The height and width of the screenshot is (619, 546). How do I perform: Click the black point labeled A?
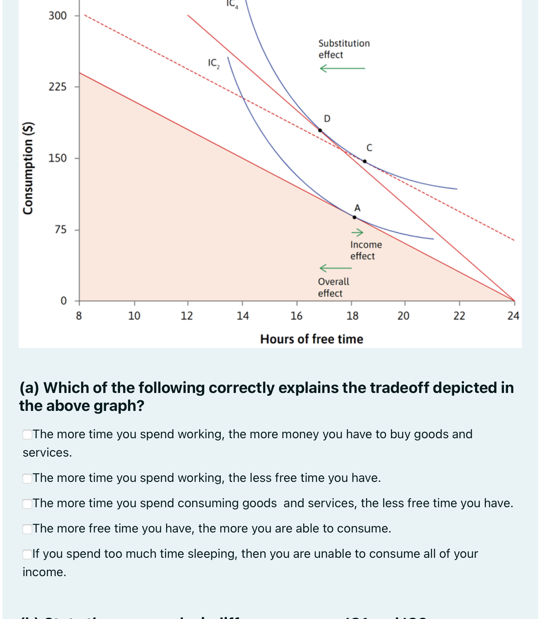354,217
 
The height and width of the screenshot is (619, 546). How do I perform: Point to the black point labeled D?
320,131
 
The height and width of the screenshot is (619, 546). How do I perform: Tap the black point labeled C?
365,161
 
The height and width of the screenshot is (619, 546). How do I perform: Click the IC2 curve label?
213,63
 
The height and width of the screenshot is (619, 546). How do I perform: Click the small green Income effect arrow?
357,233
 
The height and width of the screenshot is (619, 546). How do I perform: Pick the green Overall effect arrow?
335,268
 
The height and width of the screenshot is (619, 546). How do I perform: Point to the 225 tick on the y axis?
58,87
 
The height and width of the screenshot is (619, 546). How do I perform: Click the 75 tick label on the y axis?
60,230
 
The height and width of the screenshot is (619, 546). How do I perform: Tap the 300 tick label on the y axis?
58,16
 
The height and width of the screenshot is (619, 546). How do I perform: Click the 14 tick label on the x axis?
242,316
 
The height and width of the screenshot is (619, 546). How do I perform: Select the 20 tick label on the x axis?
403,316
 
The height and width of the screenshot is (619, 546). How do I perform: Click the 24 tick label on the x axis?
513,316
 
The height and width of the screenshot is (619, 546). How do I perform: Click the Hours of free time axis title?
311,339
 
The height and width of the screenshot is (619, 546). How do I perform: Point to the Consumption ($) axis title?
28,168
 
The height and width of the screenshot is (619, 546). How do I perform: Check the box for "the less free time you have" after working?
27,478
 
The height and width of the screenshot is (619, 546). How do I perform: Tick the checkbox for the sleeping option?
27,554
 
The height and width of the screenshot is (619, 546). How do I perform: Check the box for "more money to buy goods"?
27,435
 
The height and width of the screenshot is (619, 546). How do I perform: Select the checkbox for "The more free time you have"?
27,529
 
